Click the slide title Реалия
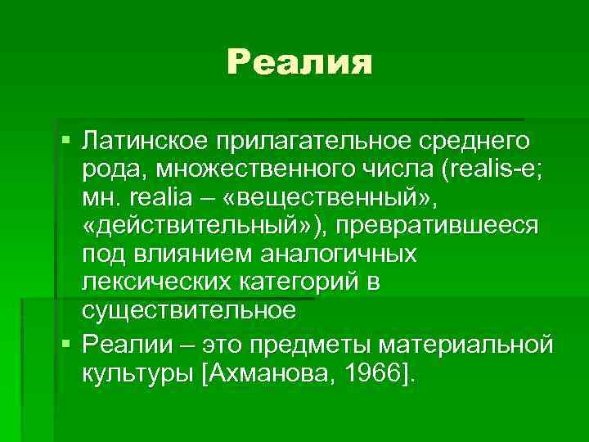point(299,62)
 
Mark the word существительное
point(187,310)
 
